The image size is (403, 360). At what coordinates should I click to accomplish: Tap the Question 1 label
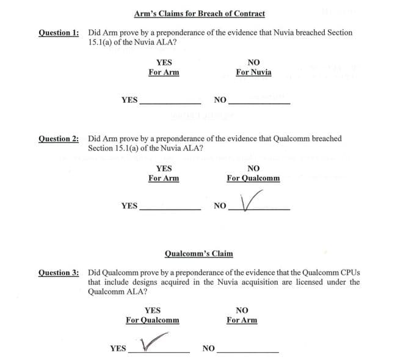pos(59,32)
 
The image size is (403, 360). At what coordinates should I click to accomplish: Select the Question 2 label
pos(59,139)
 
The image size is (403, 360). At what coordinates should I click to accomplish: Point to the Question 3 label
pos(59,272)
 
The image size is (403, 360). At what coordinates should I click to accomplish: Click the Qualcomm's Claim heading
pos(199,253)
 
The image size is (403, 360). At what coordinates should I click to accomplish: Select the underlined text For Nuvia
pos(253,73)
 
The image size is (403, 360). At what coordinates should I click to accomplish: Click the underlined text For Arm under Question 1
pos(164,73)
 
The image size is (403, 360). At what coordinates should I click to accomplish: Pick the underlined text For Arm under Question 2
pos(164,178)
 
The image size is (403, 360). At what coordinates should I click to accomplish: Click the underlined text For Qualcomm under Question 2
pos(253,178)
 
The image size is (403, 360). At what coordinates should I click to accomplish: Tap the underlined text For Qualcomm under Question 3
pos(153,320)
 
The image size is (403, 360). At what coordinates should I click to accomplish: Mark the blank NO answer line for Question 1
pos(259,103)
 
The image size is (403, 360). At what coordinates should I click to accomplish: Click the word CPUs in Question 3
pos(350,272)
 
